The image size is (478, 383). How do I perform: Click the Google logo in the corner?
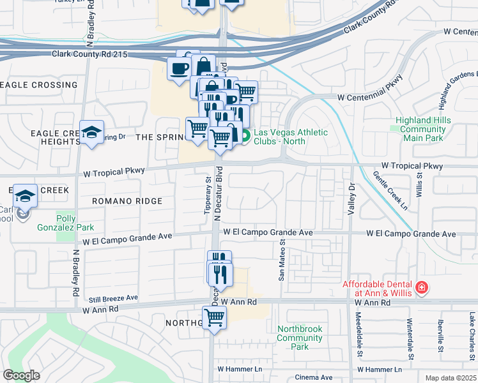(x=22, y=375)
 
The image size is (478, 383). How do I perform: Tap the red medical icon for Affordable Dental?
(x=421, y=289)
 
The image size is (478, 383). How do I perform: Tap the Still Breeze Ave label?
(x=113, y=298)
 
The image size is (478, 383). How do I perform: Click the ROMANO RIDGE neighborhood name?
(x=127, y=201)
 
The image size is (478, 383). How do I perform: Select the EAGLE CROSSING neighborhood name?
(x=40, y=85)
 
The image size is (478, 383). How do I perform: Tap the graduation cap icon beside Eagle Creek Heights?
(x=92, y=133)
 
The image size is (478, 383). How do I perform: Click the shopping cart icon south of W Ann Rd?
(x=215, y=317)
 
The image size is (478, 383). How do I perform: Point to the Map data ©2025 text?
(x=451, y=378)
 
